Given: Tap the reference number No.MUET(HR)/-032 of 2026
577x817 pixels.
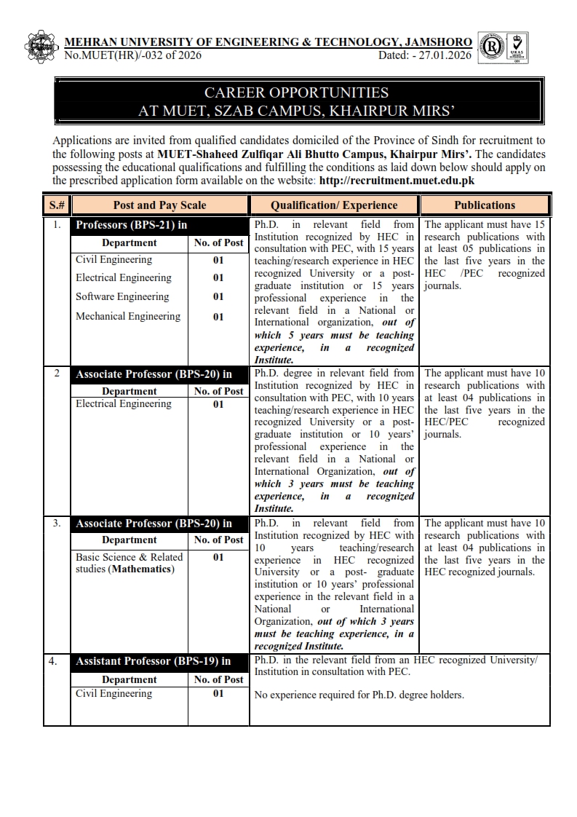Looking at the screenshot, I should [132, 55].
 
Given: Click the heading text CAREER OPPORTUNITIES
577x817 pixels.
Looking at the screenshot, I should [296, 93].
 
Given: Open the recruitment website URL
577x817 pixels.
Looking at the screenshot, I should [396, 180].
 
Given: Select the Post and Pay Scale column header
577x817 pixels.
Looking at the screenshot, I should [159, 205].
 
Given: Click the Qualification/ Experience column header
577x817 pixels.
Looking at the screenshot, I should [334, 205].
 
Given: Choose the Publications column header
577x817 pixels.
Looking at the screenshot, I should [485, 205].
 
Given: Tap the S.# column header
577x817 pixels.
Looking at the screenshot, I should [57, 205].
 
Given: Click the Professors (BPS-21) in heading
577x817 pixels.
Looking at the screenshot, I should [132, 225].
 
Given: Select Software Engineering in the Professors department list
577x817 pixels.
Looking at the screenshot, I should [122, 296].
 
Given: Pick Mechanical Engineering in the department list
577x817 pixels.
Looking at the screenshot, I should [128, 316].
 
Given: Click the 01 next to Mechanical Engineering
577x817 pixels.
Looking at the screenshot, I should [218, 317].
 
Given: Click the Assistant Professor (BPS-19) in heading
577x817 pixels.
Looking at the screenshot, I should [154, 661].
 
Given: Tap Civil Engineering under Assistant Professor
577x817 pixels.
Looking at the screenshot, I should [114, 693].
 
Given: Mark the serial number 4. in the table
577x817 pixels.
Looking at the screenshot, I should [53, 661].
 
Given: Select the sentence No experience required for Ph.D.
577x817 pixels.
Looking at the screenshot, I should [359, 695].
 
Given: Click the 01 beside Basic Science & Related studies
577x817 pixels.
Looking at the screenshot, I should [218, 558].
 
